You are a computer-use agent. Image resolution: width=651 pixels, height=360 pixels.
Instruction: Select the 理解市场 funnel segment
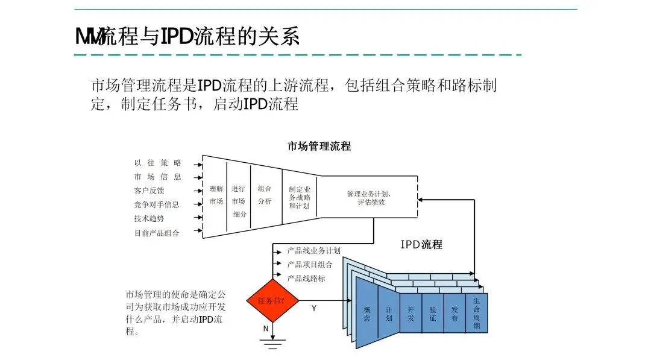coord(216,195)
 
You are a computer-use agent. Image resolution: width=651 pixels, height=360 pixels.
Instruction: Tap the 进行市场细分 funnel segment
coord(238,201)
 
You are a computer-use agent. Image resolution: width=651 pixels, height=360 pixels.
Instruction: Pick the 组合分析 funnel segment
coord(265,194)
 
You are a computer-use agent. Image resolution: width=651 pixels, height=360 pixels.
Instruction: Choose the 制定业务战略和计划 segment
coord(299,197)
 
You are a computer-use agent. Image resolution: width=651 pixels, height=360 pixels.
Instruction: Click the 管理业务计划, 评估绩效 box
coord(369,198)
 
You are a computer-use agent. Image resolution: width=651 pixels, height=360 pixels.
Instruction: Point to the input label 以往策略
coord(157,163)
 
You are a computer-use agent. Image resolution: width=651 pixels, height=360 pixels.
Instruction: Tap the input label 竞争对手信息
coord(157,205)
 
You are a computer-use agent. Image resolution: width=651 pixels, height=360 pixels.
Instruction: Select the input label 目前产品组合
coord(157,233)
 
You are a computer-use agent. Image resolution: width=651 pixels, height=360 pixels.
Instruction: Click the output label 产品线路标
coord(306,278)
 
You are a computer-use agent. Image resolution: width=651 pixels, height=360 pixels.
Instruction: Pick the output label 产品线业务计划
coord(314,250)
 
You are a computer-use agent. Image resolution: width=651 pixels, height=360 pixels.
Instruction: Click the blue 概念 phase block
coord(367,314)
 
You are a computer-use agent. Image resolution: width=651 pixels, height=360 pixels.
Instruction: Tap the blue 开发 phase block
coord(410,314)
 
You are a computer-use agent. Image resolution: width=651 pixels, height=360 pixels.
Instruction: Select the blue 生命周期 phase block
coord(477,313)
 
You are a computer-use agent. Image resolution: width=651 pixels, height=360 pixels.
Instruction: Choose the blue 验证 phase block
coord(433,314)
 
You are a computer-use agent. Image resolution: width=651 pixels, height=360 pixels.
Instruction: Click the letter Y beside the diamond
coord(313,308)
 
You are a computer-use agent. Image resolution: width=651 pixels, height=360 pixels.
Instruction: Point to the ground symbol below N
coord(273,344)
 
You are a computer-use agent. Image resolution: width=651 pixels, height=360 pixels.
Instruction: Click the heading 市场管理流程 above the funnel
coord(319,147)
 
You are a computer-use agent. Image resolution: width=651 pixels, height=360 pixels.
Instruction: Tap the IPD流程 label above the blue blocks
coord(421,245)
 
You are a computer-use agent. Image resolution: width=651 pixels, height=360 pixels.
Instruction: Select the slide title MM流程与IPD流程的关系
coord(187,37)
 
